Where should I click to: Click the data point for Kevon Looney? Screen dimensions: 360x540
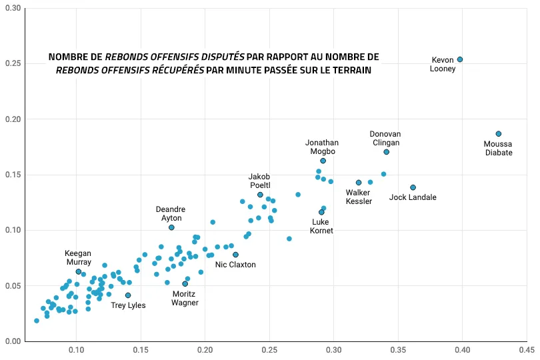tap(460, 59)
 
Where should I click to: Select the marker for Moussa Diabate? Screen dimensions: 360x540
tap(498, 134)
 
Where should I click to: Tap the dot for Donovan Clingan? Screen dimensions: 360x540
tap(387, 152)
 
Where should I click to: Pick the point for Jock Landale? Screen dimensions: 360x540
tap(413, 187)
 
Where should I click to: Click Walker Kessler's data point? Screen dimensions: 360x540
tap(359, 183)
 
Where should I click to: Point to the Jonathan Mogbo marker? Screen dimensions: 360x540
tap(323, 161)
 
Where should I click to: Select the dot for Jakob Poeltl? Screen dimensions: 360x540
tap(260, 195)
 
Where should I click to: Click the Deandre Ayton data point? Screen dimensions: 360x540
tap(171, 227)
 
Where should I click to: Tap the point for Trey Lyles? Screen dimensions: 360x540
tap(128, 295)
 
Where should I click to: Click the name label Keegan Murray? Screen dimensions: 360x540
tap(78, 257)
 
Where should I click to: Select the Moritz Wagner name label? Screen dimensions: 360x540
tap(185, 298)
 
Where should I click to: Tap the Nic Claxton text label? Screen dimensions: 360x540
tap(235, 265)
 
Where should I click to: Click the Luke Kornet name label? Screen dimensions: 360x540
tap(322, 226)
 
